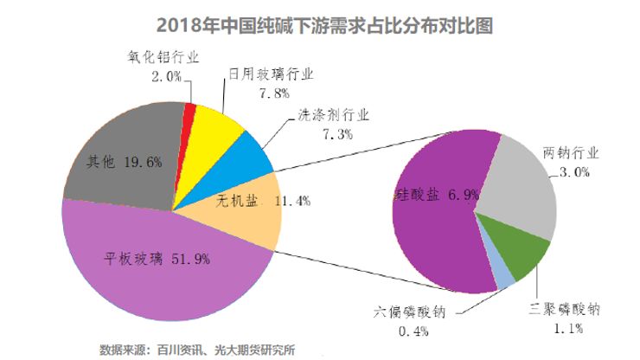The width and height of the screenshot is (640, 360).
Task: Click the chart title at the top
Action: (x=324, y=26)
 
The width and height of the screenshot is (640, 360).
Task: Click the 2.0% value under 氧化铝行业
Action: (x=166, y=76)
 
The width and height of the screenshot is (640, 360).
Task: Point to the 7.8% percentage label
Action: (x=274, y=93)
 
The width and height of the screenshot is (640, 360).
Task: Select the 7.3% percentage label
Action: (x=338, y=133)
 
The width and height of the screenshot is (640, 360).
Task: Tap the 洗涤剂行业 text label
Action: (x=334, y=115)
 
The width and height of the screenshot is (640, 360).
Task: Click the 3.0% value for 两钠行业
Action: (x=574, y=172)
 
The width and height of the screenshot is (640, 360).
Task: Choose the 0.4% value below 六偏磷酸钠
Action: (x=413, y=331)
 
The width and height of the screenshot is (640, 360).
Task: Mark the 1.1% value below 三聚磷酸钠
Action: (x=568, y=328)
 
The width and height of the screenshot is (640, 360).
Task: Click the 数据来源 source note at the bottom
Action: (x=197, y=350)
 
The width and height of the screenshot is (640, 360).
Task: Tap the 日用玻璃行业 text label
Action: (x=271, y=74)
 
